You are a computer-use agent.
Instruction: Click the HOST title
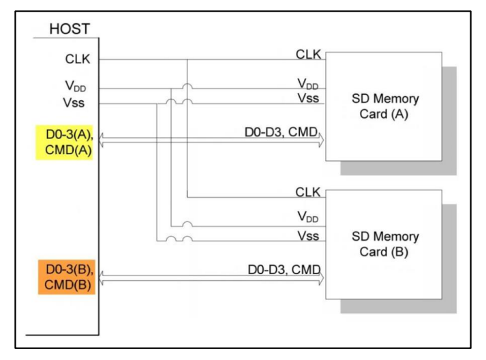point(70,29)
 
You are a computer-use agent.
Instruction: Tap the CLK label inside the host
point(78,59)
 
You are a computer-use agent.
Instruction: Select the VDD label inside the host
point(75,86)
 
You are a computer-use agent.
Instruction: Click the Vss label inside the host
point(74,103)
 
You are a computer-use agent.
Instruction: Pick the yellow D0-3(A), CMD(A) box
point(64,142)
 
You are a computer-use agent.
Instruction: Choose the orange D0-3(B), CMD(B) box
point(67,277)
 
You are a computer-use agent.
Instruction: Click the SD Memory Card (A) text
point(385,106)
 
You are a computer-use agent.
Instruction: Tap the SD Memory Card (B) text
point(385,244)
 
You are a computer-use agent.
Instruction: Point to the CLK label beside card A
point(308,55)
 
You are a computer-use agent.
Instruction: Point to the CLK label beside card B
point(308,192)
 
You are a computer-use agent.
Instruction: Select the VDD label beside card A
point(308,84)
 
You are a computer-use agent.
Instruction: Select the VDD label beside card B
point(308,217)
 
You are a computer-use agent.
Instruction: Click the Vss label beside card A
point(308,98)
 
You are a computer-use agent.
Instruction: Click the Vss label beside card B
point(308,236)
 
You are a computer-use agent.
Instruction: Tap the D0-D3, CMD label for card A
point(282,132)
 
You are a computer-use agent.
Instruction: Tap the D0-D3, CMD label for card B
point(284,270)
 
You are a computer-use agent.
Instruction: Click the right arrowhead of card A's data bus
point(322,140)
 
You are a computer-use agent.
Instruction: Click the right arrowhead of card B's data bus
point(322,277)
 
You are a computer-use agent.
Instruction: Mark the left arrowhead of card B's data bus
point(101,277)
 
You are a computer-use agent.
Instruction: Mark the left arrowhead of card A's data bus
point(101,140)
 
